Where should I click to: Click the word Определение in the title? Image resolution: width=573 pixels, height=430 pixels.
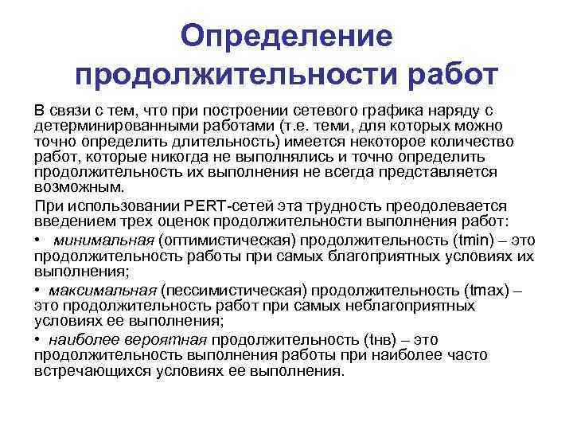coord(286,35)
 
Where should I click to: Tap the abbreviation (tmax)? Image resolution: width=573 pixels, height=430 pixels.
coord(477,289)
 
